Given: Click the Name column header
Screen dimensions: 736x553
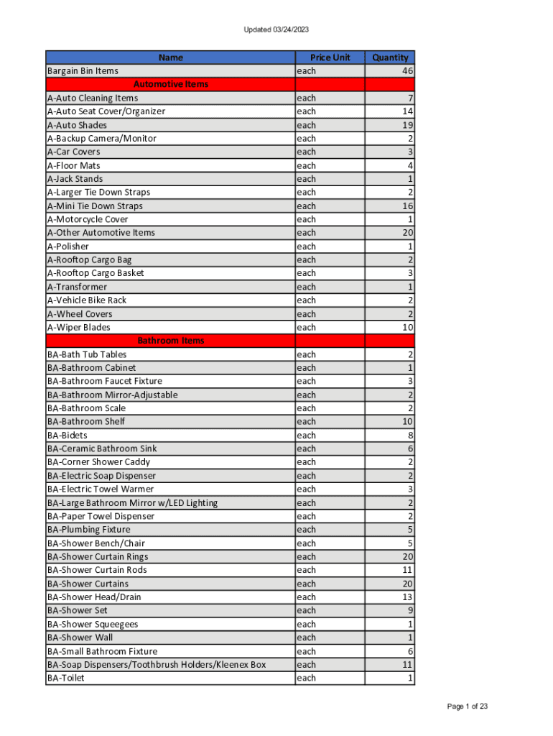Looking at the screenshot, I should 171,57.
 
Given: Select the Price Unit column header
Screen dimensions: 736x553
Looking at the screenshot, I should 330,57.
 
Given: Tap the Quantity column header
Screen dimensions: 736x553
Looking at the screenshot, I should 390,57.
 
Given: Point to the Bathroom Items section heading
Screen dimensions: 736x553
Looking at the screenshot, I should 171,341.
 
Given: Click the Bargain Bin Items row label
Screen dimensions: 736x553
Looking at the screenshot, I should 83,71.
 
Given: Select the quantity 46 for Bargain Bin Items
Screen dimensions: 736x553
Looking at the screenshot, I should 407,71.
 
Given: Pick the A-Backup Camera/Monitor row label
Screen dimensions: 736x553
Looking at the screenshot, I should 101,139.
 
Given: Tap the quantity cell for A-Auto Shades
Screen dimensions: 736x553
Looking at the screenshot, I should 407,125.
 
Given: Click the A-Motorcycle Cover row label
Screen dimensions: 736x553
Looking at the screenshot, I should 88,219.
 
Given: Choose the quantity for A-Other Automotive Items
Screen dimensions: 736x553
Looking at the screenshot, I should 407,233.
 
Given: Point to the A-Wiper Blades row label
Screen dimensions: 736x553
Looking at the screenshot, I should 79,327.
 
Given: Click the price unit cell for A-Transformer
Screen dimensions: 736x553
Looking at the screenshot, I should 307,287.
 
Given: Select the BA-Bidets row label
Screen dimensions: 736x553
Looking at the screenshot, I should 67,435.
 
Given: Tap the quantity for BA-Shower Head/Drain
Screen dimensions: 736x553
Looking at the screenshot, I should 407,597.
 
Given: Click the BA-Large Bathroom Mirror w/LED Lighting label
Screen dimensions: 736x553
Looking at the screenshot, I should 132,502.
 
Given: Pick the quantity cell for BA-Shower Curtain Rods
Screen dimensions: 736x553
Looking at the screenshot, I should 407,570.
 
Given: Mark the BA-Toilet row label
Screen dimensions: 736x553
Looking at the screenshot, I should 65,678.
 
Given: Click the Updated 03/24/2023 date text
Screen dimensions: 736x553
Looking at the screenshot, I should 276,29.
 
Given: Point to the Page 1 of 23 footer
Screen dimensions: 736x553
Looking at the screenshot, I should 468,707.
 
